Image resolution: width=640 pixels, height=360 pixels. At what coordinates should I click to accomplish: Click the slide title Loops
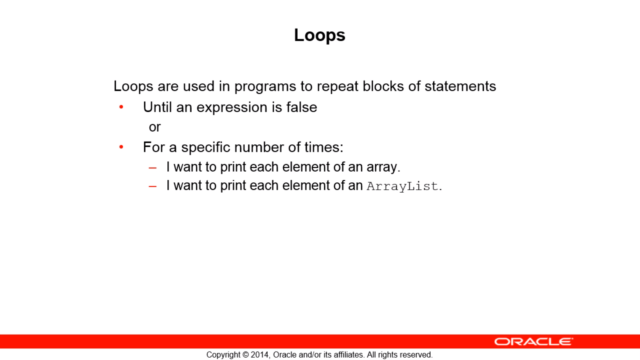(x=320, y=36)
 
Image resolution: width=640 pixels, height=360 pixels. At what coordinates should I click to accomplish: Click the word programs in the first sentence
(x=265, y=87)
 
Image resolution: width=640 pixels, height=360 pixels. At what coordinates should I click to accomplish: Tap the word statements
(x=460, y=86)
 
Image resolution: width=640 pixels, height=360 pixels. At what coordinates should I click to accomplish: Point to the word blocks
(x=383, y=86)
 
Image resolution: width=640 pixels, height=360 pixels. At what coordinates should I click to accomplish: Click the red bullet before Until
(x=121, y=107)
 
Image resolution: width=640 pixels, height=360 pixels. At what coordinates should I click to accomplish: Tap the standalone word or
(x=155, y=127)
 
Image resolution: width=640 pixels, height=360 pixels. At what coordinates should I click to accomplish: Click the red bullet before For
(x=121, y=147)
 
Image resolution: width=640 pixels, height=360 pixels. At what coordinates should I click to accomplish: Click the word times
(x=324, y=147)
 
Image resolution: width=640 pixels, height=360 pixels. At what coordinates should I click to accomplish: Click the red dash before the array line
(x=153, y=168)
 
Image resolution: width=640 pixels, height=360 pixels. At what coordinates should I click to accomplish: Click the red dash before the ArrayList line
(x=153, y=187)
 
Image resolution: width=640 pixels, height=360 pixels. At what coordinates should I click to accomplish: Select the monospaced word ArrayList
(x=402, y=186)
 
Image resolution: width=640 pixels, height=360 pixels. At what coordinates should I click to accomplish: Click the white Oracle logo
(x=534, y=342)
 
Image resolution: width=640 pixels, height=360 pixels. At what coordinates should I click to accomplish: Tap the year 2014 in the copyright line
(x=260, y=355)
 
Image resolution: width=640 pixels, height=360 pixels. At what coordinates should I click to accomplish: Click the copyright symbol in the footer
(x=246, y=355)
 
